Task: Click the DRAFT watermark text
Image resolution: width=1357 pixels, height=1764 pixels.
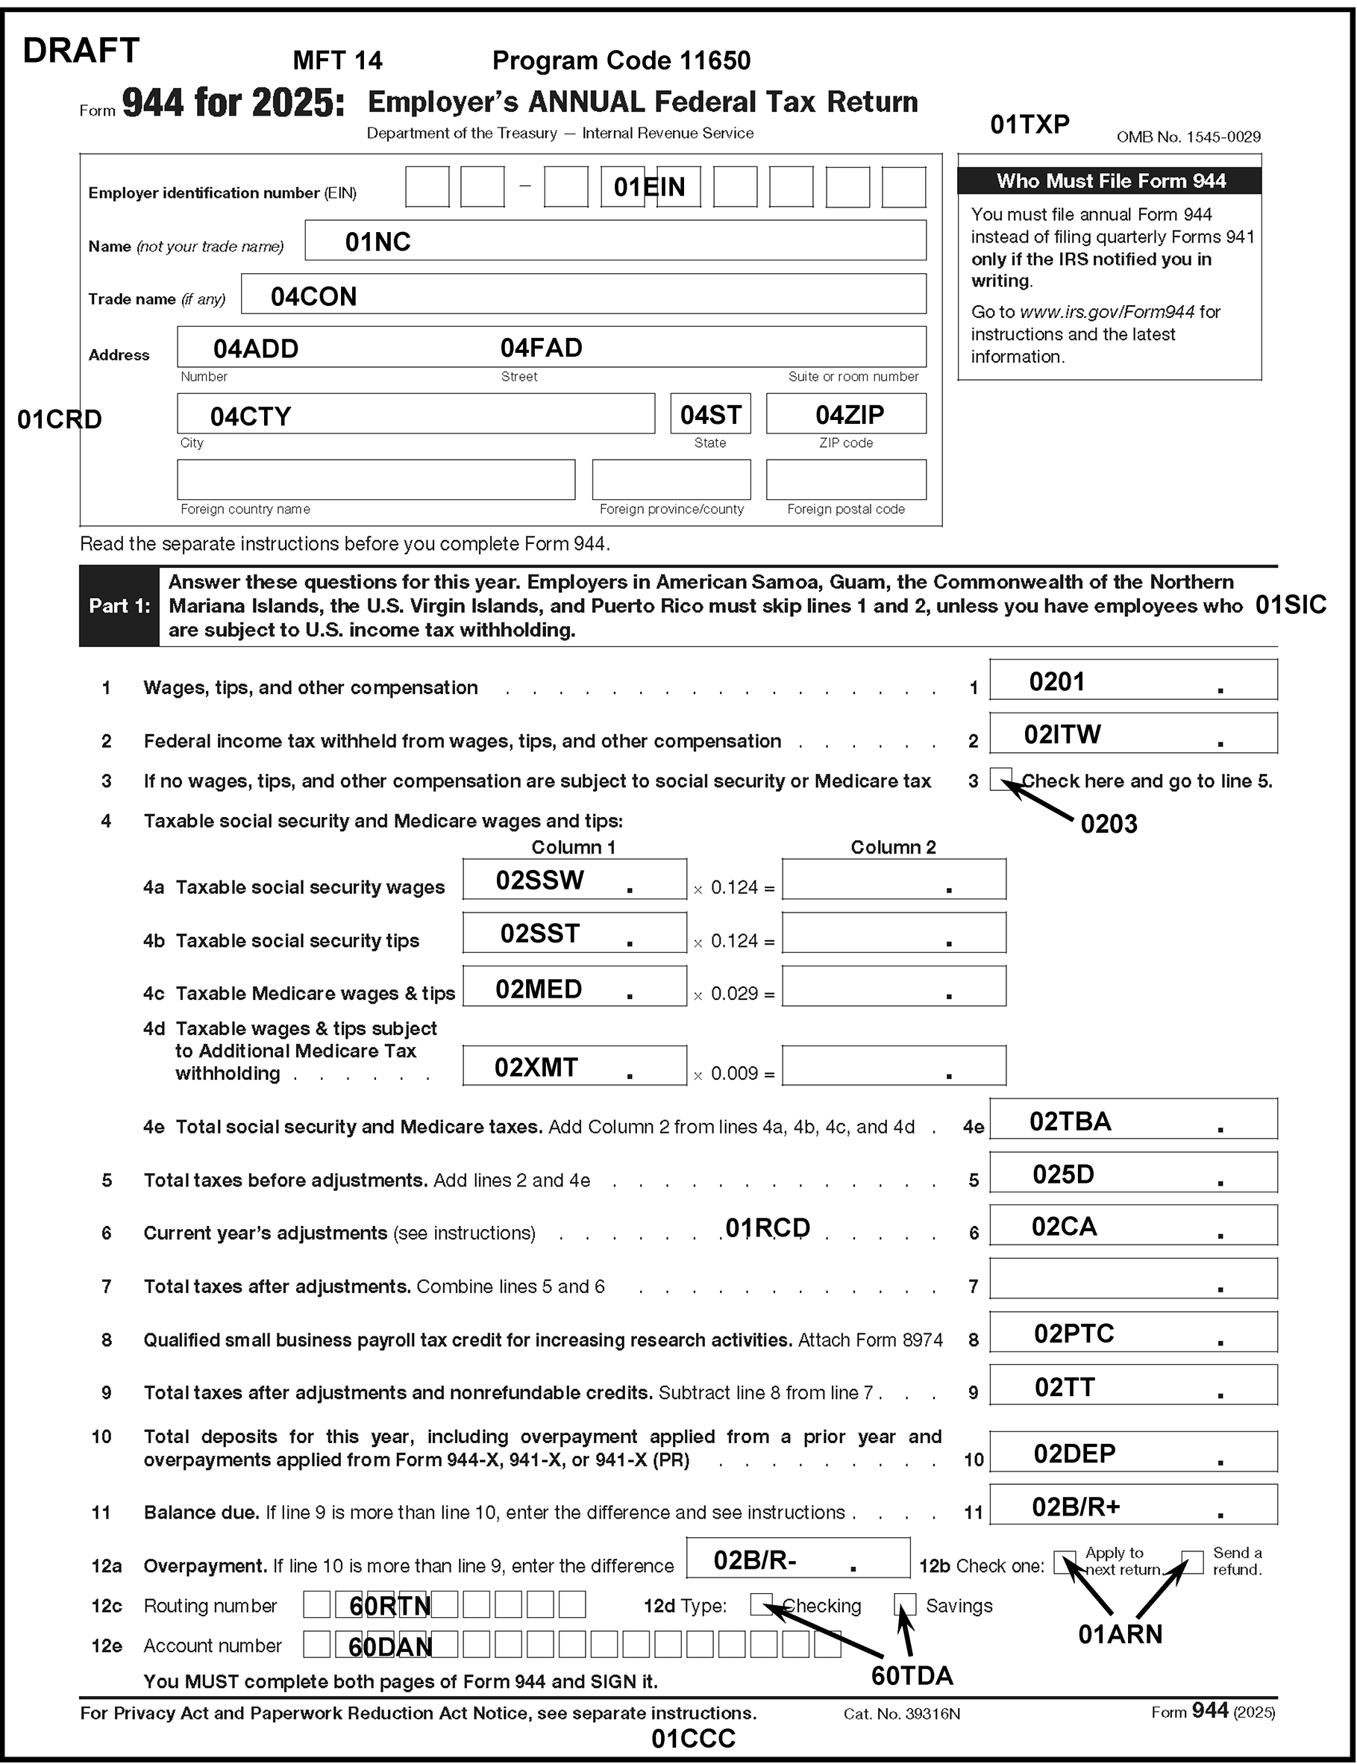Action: coord(81,51)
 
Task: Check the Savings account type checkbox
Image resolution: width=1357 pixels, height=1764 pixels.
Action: coord(905,1604)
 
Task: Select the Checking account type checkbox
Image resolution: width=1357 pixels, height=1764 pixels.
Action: coord(761,1604)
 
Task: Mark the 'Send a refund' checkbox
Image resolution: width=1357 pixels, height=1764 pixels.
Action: coord(1192,1562)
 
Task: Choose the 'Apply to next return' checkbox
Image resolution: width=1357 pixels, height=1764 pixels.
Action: coord(1065,1562)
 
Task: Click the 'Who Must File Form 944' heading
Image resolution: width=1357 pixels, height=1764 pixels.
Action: coord(1110,181)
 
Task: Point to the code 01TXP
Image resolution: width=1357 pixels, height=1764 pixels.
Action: coord(1029,125)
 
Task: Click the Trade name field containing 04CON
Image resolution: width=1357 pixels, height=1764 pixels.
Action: coord(583,294)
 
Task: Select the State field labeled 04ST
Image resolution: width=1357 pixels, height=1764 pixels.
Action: coord(710,414)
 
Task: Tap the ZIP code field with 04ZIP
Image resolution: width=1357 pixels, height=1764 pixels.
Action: coord(846,414)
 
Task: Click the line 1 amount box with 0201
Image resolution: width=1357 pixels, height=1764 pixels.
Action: coord(1132,680)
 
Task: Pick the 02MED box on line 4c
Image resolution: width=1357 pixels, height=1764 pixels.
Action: coord(574,986)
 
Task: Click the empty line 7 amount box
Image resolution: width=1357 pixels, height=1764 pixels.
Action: coord(1132,1278)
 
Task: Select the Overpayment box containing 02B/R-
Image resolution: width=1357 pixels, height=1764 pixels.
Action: coord(797,1558)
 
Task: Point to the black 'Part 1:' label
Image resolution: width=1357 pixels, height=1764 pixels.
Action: coord(119,606)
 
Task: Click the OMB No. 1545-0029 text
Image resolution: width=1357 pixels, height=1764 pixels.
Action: coord(1188,137)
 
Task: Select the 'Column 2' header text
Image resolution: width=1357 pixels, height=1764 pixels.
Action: coord(892,847)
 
